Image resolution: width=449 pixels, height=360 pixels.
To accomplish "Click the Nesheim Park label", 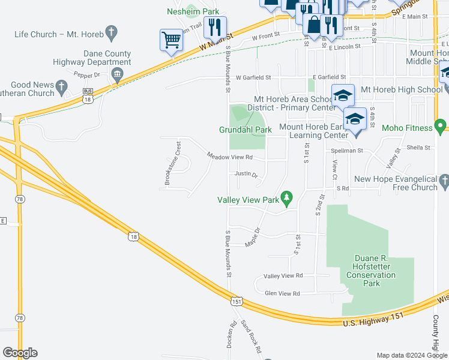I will pyautogui.click(x=193, y=11).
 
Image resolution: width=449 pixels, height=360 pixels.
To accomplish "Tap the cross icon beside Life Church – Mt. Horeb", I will pyautogui.click(x=110, y=31).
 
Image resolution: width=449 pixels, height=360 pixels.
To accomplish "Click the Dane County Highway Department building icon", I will pyautogui.click(x=117, y=75).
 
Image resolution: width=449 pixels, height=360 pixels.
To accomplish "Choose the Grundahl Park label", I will pyautogui.click(x=246, y=130).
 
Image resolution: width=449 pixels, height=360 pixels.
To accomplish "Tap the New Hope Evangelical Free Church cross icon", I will pyautogui.click(x=444, y=179).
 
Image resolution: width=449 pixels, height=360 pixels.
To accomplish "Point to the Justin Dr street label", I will pyautogui.click(x=246, y=175).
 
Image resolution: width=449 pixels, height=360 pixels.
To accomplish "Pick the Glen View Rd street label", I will pyautogui.click(x=282, y=293).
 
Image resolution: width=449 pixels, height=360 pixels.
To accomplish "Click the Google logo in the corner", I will pyautogui.click(x=20, y=352).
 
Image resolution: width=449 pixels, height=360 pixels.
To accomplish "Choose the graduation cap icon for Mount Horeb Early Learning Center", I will pyautogui.click(x=355, y=119).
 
